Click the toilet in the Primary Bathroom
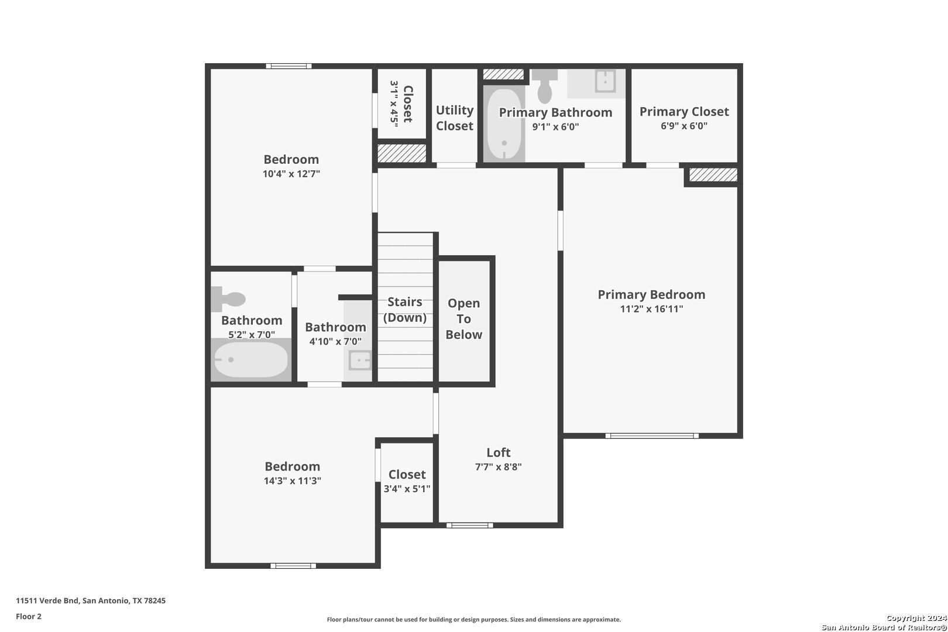(545, 86)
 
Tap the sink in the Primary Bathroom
(605, 80)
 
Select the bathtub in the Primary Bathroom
(504, 124)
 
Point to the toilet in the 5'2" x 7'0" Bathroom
(228, 299)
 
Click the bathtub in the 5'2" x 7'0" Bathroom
(251, 360)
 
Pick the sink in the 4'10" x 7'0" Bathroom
(360, 360)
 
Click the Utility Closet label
(455, 118)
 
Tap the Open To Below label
(464, 319)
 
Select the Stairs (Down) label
(404, 310)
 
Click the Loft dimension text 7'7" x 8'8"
(498, 467)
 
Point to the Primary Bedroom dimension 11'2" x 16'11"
(651, 309)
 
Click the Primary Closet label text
(684, 112)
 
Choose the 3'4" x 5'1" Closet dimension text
(407, 489)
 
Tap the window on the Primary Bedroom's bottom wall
(652, 435)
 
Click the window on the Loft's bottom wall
(470, 525)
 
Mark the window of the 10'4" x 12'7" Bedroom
(288, 66)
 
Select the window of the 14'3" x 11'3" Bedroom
(293, 565)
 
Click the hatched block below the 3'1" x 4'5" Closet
(401, 153)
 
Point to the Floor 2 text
(29, 616)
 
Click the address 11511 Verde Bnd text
(47, 600)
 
